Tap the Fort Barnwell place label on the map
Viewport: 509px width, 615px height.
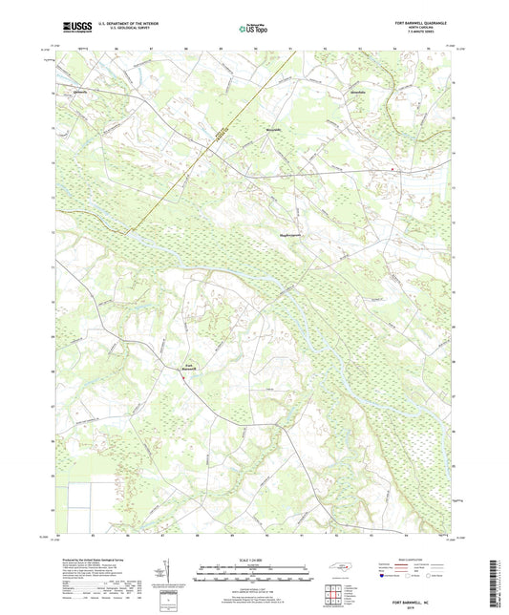(188, 366)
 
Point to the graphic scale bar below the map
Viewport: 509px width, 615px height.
(253, 573)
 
